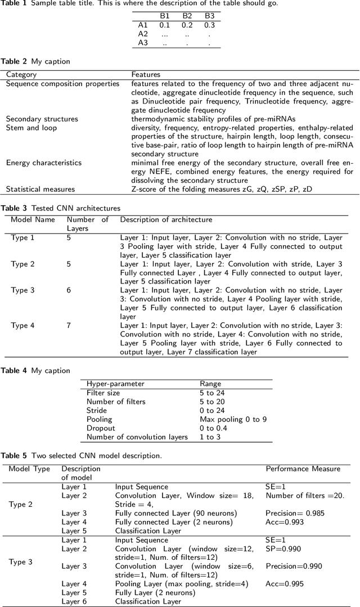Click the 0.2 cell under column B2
click(187, 25)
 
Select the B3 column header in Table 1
click(209, 16)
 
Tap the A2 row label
click(143, 33)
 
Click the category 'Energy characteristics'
click(43, 163)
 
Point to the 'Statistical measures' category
click(40, 189)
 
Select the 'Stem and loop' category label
click(31, 128)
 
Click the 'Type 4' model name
click(22, 325)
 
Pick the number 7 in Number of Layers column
click(69, 325)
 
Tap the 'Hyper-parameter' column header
click(115, 384)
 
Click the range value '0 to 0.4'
click(214, 428)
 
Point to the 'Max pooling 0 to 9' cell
click(235, 419)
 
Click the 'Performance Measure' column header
click(303, 468)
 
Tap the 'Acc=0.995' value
click(282, 584)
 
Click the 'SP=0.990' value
click(281, 548)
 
